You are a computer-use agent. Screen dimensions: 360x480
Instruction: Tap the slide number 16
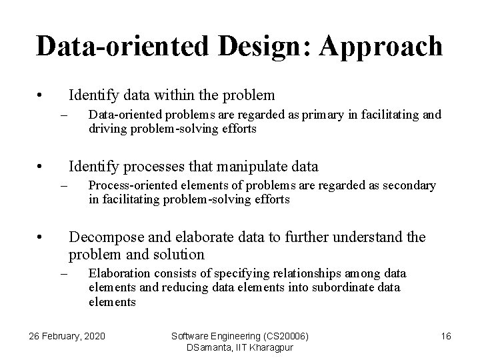coord(446,337)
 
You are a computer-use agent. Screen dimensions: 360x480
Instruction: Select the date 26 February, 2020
coord(67,337)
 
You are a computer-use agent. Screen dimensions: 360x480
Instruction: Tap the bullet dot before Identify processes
coord(41,166)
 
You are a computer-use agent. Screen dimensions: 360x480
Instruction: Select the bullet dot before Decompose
coord(41,237)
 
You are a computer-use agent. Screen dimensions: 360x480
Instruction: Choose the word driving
coord(105,129)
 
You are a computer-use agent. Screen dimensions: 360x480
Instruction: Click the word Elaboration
coord(115,273)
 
